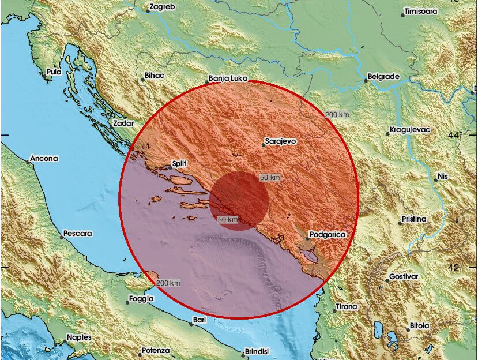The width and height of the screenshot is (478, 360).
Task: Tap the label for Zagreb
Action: tap(161, 7)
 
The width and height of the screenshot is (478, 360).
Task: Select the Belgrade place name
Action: tap(383, 76)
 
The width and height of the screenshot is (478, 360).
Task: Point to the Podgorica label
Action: tap(328, 235)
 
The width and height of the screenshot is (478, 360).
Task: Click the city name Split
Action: tap(180, 164)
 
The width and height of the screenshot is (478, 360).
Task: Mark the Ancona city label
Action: tap(45, 159)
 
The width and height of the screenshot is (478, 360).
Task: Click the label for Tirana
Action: tap(347, 307)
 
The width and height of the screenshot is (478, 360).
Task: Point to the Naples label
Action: tap(80, 337)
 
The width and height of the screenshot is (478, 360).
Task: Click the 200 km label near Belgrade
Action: tap(337, 115)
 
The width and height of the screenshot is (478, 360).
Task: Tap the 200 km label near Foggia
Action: tap(168, 283)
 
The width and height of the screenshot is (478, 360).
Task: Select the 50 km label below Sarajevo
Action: tap(269, 178)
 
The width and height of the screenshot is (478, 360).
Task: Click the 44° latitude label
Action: tap(457, 134)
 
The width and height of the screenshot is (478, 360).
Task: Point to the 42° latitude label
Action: tap(457, 268)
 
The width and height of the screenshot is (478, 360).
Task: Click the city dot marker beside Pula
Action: tap(44, 75)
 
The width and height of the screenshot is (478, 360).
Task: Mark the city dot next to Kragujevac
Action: tap(386, 130)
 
